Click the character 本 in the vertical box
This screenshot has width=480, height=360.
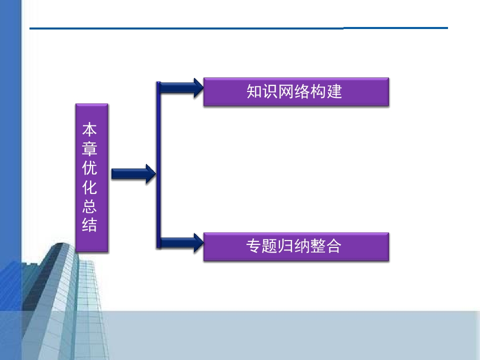click(89, 129)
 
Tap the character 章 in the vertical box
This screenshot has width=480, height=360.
click(89, 148)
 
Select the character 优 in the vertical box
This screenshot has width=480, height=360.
click(89, 168)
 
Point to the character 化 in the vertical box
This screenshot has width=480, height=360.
click(89, 187)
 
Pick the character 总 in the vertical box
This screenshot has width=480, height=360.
click(89, 206)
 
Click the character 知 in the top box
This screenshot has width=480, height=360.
click(254, 91)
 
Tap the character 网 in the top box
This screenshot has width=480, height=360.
click(286, 91)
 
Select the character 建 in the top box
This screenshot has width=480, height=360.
click(334, 91)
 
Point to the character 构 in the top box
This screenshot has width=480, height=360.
click(318, 91)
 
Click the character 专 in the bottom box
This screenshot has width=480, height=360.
click(254, 246)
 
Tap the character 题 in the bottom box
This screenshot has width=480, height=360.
click(270, 246)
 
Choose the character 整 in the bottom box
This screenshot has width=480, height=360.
click(318, 246)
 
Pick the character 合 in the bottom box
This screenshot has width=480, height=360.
click(333, 246)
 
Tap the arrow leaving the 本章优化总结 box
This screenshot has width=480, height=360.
click(133, 174)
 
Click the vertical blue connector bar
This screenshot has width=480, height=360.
click(158, 165)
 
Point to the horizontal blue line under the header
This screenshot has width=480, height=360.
click(239, 28)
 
